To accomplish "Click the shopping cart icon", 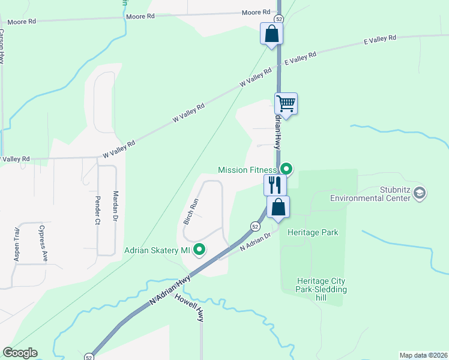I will [286, 104].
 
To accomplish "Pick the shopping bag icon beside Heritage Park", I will [279, 207].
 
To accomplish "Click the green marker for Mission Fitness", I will [286, 169].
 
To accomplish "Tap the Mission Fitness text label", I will [247, 170].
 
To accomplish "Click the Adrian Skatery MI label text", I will [157, 250].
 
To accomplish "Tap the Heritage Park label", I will [313, 233].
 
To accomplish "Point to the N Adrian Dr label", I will [256, 242].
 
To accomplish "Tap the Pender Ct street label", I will [96, 209].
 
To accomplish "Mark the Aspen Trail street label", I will [17, 244].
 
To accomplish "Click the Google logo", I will [20, 353].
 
